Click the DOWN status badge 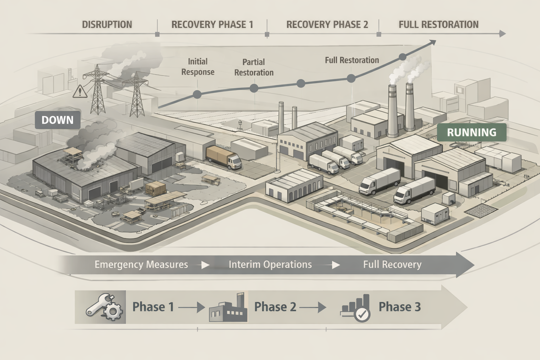click(58, 120)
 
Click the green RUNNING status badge click(471, 133)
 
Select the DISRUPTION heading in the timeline click(107, 25)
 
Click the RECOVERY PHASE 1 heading click(212, 25)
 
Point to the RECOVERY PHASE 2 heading click(327, 25)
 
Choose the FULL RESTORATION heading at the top click(438, 25)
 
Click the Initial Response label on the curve click(198, 67)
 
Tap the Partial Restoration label click(254, 67)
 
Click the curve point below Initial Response click(197, 94)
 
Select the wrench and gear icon click(104, 307)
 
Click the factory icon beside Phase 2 click(228, 307)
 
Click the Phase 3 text click(399, 307)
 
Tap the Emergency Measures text click(141, 264)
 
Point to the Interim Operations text click(270, 264)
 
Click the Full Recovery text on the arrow click(392, 264)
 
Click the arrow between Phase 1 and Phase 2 click(192, 307)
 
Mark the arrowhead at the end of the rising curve click(433, 43)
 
